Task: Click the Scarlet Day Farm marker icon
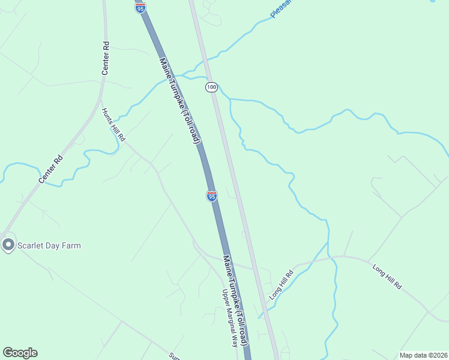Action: point(8,245)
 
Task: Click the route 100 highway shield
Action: point(211,88)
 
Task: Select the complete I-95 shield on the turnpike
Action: point(211,196)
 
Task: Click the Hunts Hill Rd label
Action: point(113,124)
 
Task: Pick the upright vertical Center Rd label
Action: point(106,58)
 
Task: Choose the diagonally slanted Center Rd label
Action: point(50,169)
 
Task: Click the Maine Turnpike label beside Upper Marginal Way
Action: point(235,300)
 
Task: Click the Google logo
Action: point(20,353)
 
